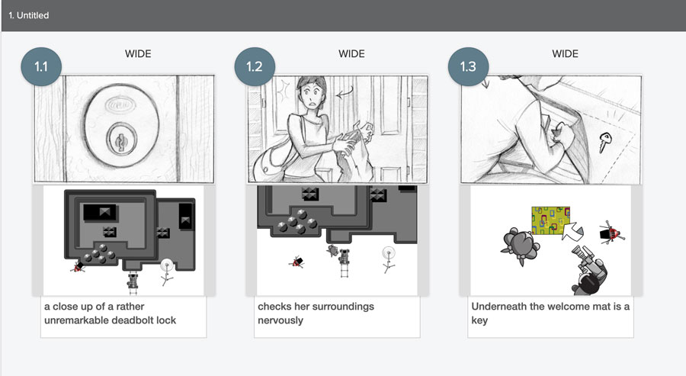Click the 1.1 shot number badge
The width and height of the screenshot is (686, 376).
41,66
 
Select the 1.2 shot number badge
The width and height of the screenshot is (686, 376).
255,66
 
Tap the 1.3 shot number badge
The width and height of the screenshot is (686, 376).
468,66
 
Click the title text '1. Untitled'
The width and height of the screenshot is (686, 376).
29,15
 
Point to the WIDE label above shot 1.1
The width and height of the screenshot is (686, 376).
138,54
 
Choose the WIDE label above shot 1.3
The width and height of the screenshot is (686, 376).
565,54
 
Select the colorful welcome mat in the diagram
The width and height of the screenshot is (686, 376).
550,220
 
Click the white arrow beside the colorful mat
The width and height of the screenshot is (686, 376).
572,231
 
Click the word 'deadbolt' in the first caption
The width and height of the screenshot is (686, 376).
133,320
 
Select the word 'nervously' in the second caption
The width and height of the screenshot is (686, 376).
280,320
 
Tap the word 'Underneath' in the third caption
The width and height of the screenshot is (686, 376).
498,307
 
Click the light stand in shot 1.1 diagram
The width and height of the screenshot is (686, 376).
167,272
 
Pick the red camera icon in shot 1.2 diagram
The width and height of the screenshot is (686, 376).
297,262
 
